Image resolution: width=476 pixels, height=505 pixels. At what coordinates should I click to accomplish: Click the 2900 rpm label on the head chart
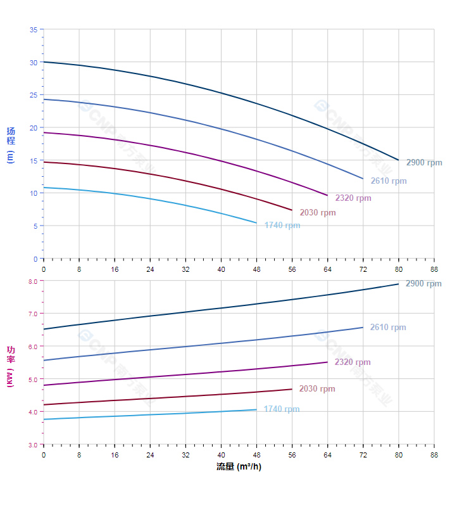point(424,163)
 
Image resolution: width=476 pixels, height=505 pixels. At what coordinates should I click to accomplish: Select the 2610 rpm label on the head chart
point(389,181)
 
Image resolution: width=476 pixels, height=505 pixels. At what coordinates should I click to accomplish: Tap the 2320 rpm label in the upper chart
point(353,198)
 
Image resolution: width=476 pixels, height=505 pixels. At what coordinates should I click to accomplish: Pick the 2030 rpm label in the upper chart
point(318,213)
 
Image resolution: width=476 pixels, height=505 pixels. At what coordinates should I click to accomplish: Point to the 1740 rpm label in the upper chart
point(282,226)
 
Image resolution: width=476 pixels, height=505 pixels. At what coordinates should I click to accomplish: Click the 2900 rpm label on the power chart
point(423,284)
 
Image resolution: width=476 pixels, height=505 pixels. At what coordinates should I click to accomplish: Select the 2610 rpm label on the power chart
point(388,328)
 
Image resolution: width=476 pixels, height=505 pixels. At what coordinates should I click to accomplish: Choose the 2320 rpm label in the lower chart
point(353,362)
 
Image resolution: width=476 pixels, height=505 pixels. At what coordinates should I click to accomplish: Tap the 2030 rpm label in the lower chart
point(317,389)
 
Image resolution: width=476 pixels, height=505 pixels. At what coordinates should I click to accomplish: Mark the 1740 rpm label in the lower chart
point(282,409)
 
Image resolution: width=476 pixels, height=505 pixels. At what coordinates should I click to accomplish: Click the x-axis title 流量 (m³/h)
point(239,467)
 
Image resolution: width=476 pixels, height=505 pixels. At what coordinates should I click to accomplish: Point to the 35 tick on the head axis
point(33,30)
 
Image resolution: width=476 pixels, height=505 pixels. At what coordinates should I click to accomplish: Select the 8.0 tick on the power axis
point(33,281)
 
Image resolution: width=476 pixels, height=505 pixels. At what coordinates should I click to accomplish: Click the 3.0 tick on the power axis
point(33,445)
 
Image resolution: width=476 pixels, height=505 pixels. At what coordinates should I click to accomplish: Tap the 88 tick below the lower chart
point(434,455)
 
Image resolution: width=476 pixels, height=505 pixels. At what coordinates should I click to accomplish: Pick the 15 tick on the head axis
point(33,160)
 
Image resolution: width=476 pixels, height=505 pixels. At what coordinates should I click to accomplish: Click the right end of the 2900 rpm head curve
point(399,160)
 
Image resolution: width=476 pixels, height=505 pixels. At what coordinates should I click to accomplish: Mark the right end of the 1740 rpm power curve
point(257,409)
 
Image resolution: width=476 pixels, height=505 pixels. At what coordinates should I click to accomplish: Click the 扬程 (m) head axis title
point(10,144)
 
